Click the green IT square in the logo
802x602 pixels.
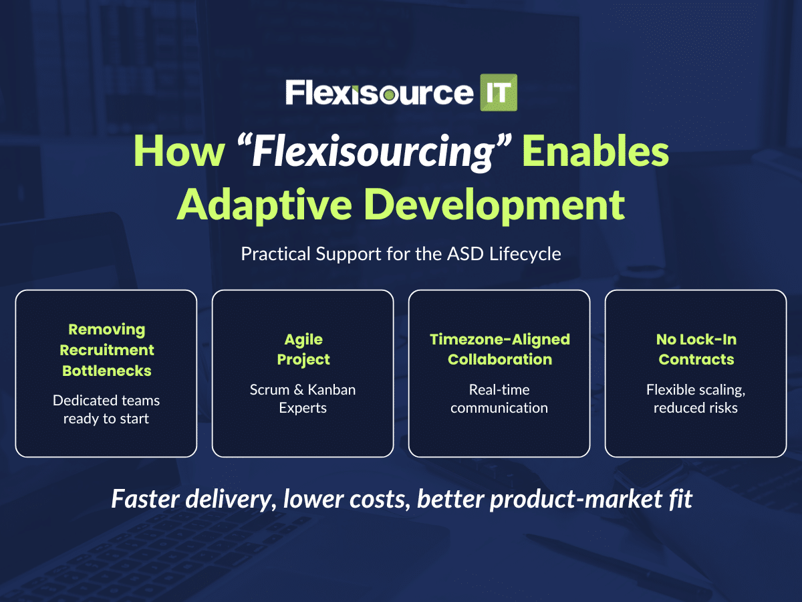coord(499,92)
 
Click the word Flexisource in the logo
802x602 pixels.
coord(379,93)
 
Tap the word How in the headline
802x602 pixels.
coord(179,151)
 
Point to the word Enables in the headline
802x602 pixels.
coord(595,150)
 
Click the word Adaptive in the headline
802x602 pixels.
coord(264,205)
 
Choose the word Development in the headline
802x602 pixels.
coord(495,205)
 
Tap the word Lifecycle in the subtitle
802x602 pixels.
coord(525,254)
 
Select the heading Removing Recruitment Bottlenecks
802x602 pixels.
coord(107,350)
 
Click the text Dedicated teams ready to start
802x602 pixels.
coord(106,409)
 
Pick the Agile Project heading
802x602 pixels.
coord(303,349)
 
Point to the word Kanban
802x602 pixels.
coord(331,390)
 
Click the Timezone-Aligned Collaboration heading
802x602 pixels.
coord(499,349)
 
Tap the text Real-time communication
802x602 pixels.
coord(499,399)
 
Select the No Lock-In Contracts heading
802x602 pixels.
coord(696,349)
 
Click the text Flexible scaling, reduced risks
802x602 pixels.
coord(696,399)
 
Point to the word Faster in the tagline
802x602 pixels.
coord(146,499)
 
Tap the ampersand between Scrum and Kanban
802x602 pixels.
coord(299,390)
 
